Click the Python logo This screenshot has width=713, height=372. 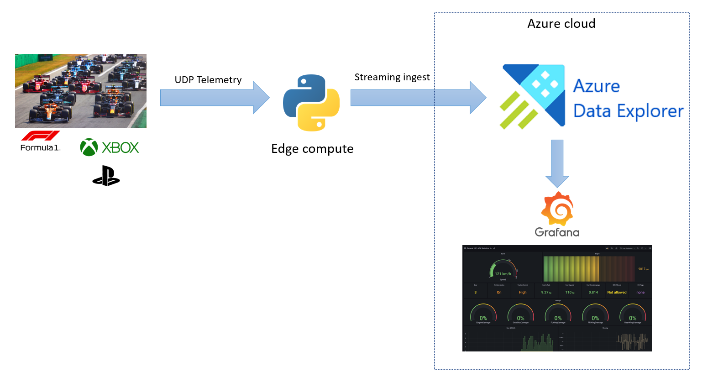(311, 103)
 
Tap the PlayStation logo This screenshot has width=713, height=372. (106, 176)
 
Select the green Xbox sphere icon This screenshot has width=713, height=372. (89, 147)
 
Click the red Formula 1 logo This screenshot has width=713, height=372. (41, 136)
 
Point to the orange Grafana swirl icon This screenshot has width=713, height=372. (557, 209)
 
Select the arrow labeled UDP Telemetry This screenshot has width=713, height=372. (215, 98)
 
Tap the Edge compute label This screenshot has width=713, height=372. (312, 149)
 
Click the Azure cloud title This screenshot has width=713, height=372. (561, 24)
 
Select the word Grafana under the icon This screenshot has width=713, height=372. (557, 232)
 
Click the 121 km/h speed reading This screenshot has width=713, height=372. (503, 274)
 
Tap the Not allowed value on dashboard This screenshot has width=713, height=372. (617, 292)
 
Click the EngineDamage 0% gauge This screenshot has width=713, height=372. (483, 315)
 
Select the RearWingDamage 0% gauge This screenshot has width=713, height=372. (632, 315)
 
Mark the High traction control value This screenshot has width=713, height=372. (523, 292)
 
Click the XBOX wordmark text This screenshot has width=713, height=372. (121, 147)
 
